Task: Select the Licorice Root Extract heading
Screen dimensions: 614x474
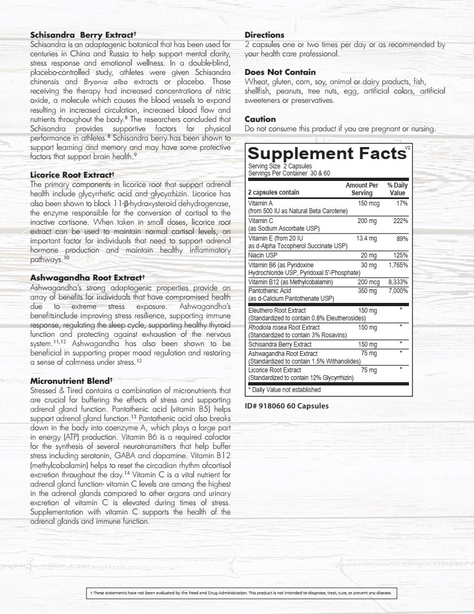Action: tap(72, 176)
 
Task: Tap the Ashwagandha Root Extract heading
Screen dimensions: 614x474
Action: tap(87, 278)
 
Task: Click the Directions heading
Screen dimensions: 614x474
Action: tap(265, 35)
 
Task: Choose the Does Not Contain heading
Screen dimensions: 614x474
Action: tap(280, 72)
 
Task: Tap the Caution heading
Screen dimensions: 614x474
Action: tap(260, 119)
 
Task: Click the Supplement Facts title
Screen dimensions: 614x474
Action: tap(326, 153)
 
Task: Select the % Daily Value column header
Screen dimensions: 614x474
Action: tap(397, 189)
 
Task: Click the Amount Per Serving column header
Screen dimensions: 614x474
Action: tap(361, 189)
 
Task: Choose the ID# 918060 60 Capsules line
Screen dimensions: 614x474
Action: tap(286, 406)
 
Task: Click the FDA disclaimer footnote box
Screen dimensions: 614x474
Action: tap(240, 593)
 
